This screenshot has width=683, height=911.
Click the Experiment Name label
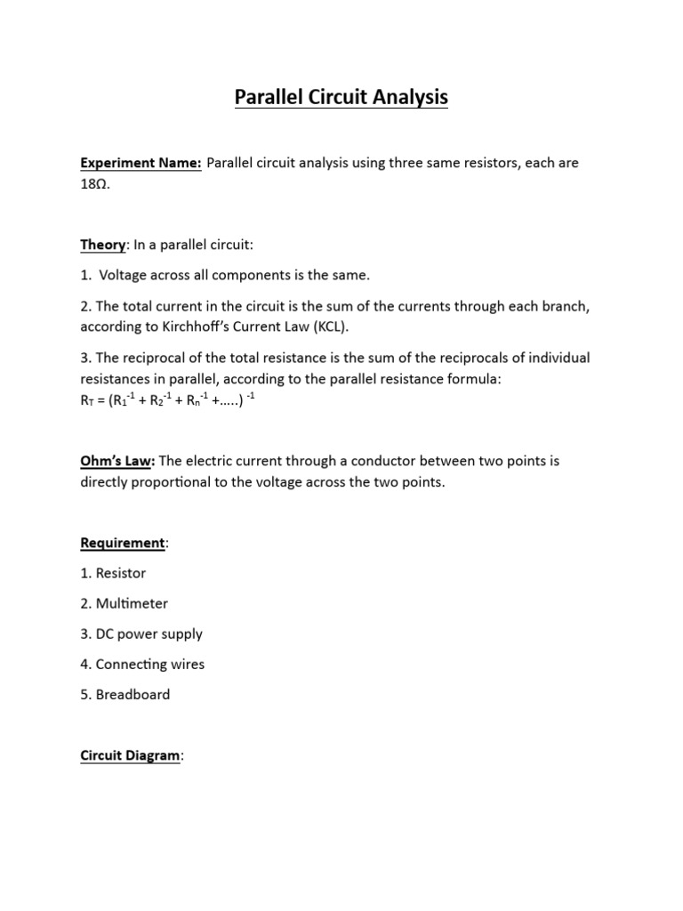tap(141, 164)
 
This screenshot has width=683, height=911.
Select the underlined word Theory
tap(104, 245)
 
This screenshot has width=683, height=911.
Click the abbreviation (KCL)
tap(330, 327)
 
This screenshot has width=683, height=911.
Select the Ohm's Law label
tap(117, 461)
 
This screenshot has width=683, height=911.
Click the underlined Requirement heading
tap(122, 543)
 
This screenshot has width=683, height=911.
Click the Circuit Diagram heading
tap(131, 755)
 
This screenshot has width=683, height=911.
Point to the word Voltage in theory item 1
tap(124, 276)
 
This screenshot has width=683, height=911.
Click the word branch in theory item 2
tap(566, 306)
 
